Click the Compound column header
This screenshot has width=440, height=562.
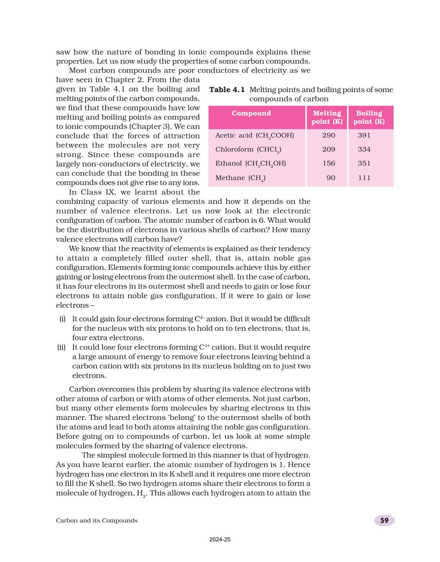[x=251, y=113]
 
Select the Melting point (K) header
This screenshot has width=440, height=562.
[x=327, y=117]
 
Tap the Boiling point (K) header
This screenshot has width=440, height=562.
[x=369, y=117]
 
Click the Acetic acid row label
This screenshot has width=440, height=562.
[x=255, y=136]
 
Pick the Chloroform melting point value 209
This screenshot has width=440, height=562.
[x=329, y=149]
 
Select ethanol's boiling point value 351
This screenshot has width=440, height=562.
[x=364, y=163]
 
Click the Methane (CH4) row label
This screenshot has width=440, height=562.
[x=240, y=178]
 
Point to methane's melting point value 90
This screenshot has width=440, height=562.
[x=331, y=178]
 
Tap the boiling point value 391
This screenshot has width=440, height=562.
[x=364, y=135]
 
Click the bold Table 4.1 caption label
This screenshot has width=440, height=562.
[x=227, y=90]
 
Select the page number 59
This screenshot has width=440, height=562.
[x=384, y=521]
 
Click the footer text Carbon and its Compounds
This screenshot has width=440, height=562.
[x=97, y=521]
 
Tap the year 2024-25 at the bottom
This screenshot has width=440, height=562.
[x=220, y=540]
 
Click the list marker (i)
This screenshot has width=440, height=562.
[x=62, y=319]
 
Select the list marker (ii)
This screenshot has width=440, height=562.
[x=61, y=348]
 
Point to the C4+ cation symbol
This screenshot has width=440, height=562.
[x=204, y=347]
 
